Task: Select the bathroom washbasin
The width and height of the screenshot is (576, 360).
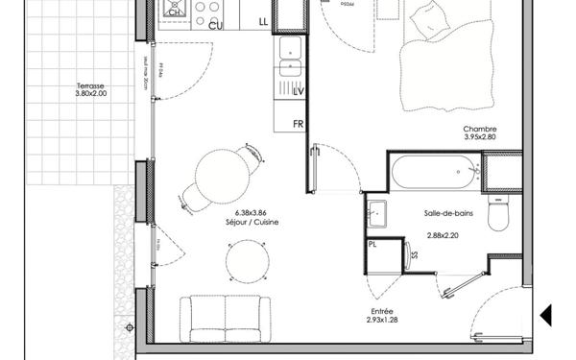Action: pos(375,212)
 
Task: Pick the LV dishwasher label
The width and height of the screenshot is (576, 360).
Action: pos(298,92)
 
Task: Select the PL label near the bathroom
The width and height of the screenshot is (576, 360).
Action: pos(372,245)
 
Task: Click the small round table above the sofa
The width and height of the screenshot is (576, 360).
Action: pos(247,260)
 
